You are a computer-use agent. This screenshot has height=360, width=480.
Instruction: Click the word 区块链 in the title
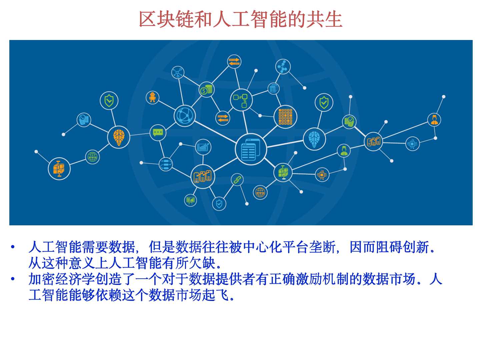pos(166,19)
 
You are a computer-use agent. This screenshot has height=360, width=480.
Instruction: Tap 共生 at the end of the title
pos(324,19)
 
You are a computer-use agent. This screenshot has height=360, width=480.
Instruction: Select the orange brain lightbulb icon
pos(119,137)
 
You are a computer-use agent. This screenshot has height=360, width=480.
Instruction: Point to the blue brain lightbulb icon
pos(314,139)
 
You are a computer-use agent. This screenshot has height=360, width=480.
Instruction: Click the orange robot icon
pos(152,97)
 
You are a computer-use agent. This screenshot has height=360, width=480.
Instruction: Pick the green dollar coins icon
pos(206,90)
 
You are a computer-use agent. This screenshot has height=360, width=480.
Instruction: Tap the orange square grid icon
pos(285,117)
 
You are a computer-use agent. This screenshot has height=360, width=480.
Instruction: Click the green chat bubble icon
pos(158,132)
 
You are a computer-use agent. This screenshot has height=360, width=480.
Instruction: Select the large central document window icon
pos(251,149)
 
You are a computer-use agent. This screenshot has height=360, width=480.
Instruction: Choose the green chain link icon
pos(237,180)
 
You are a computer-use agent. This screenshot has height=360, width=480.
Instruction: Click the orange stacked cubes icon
pos(59,169)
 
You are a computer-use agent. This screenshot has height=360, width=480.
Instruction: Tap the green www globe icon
pos(92,157)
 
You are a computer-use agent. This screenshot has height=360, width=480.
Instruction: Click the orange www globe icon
pos(260,192)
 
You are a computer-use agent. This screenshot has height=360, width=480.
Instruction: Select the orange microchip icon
pos(322,175)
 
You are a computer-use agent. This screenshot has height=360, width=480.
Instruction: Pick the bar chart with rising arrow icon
pos(203,147)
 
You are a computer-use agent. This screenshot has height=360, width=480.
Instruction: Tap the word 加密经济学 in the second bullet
pos(62,279)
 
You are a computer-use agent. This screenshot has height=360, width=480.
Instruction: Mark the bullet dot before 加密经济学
pos(13,279)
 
